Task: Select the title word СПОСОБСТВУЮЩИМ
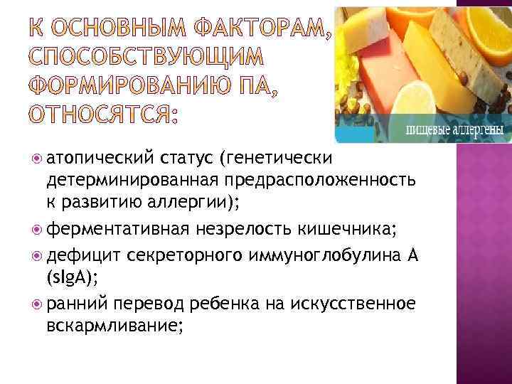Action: pos(142,59)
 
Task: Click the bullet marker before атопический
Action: pos(36,156)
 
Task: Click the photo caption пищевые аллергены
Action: pos(455,131)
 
